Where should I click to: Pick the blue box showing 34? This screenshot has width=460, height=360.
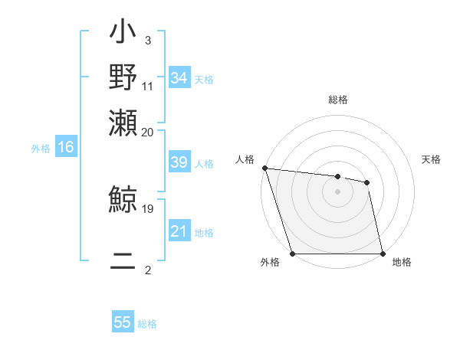(179, 78)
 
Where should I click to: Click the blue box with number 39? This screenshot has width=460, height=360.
(179, 163)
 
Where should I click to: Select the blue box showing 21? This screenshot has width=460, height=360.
(179, 231)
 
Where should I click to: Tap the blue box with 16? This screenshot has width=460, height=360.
(66, 148)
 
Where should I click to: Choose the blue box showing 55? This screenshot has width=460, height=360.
(123, 322)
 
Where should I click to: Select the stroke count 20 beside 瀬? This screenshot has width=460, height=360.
(148, 132)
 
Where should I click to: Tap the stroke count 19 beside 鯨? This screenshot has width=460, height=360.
(148, 208)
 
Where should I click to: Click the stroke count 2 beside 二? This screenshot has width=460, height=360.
(148, 270)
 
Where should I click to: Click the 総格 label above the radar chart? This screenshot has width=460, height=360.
(338, 100)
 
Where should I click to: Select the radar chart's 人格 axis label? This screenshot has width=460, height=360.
(245, 159)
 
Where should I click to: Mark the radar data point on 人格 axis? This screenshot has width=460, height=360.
(264, 168)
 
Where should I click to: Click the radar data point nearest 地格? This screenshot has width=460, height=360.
(383, 254)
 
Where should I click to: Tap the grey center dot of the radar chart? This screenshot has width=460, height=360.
(338, 191)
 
